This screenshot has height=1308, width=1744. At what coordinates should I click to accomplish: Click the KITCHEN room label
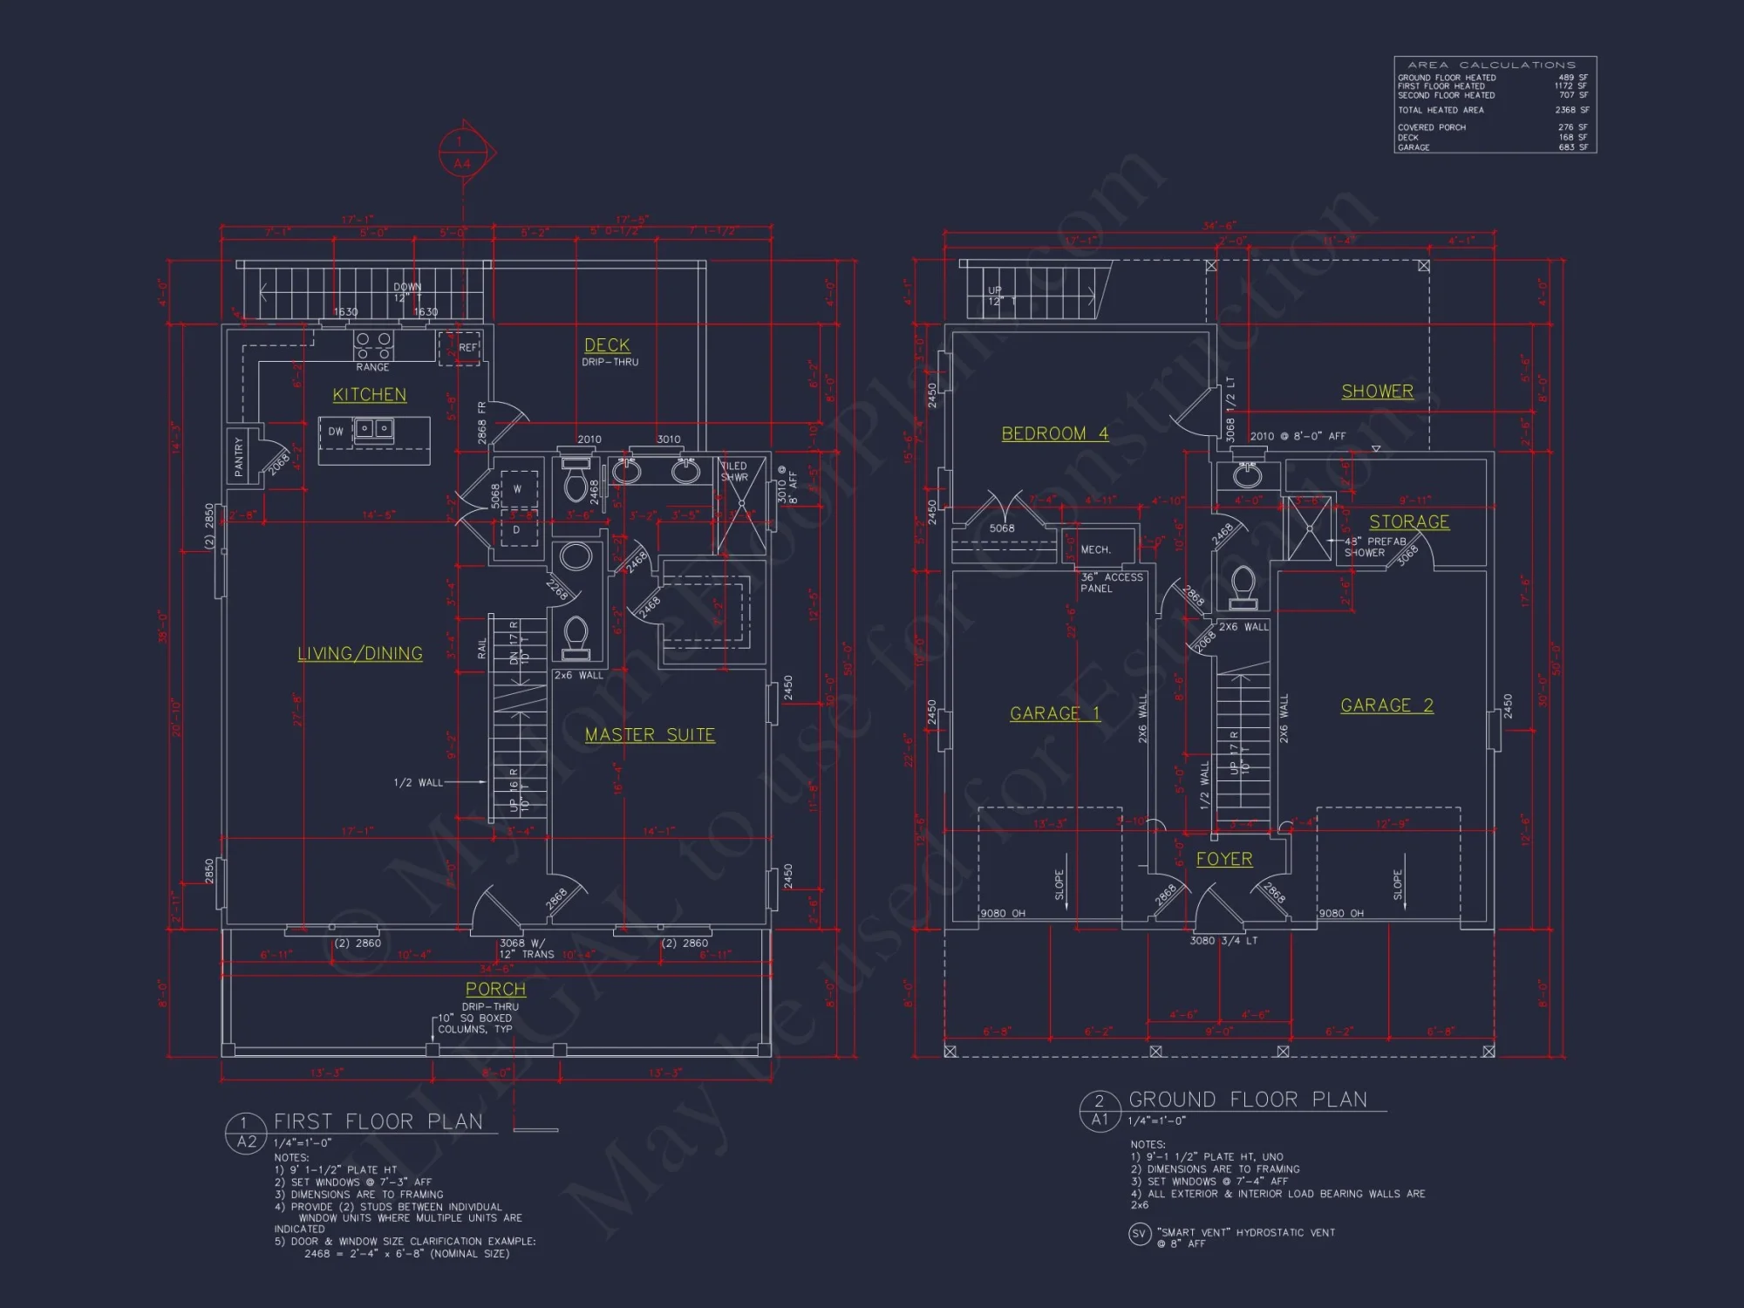370,395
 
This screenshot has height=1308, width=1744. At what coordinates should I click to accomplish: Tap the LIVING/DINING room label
360,654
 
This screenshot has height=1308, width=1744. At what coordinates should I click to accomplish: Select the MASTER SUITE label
650,735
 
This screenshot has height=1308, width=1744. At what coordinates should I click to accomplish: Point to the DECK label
607,345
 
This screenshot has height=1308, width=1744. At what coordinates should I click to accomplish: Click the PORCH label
495,989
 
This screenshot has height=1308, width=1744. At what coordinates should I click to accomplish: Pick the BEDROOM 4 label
1054,433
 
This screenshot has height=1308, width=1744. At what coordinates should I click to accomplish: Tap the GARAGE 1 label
1055,713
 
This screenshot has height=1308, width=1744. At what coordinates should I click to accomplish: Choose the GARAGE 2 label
1386,705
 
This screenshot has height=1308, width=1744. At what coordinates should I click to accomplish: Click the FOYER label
1224,859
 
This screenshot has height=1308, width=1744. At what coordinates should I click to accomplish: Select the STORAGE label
1409,521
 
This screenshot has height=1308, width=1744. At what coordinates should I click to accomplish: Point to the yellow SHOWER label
1377,392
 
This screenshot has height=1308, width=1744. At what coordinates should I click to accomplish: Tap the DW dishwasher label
336,432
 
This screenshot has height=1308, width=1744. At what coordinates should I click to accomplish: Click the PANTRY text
239,456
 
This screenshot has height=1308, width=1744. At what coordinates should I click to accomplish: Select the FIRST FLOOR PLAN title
378,1121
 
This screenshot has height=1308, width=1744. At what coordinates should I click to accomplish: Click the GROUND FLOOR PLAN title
1248,1100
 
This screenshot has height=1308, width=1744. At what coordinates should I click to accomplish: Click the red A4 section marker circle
461,153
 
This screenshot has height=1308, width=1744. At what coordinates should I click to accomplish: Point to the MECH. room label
1096,549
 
